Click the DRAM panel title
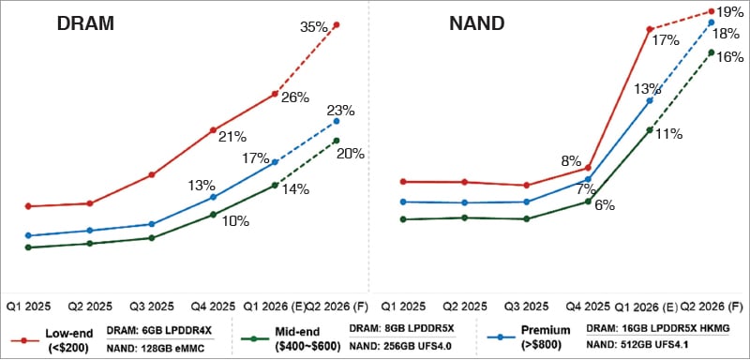85,23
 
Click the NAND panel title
476,23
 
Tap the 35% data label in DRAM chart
314,27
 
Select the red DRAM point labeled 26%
275,94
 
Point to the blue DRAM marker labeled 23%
337,121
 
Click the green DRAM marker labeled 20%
337,140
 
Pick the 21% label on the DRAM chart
232,138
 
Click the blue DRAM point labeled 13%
214,197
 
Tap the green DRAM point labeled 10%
214,215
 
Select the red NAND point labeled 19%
712,11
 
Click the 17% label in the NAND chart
666,40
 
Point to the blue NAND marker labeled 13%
650,101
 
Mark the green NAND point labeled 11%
650,129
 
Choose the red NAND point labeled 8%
589,167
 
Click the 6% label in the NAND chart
605,205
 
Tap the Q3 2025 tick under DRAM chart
152,307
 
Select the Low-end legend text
67,334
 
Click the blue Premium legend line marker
501,337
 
